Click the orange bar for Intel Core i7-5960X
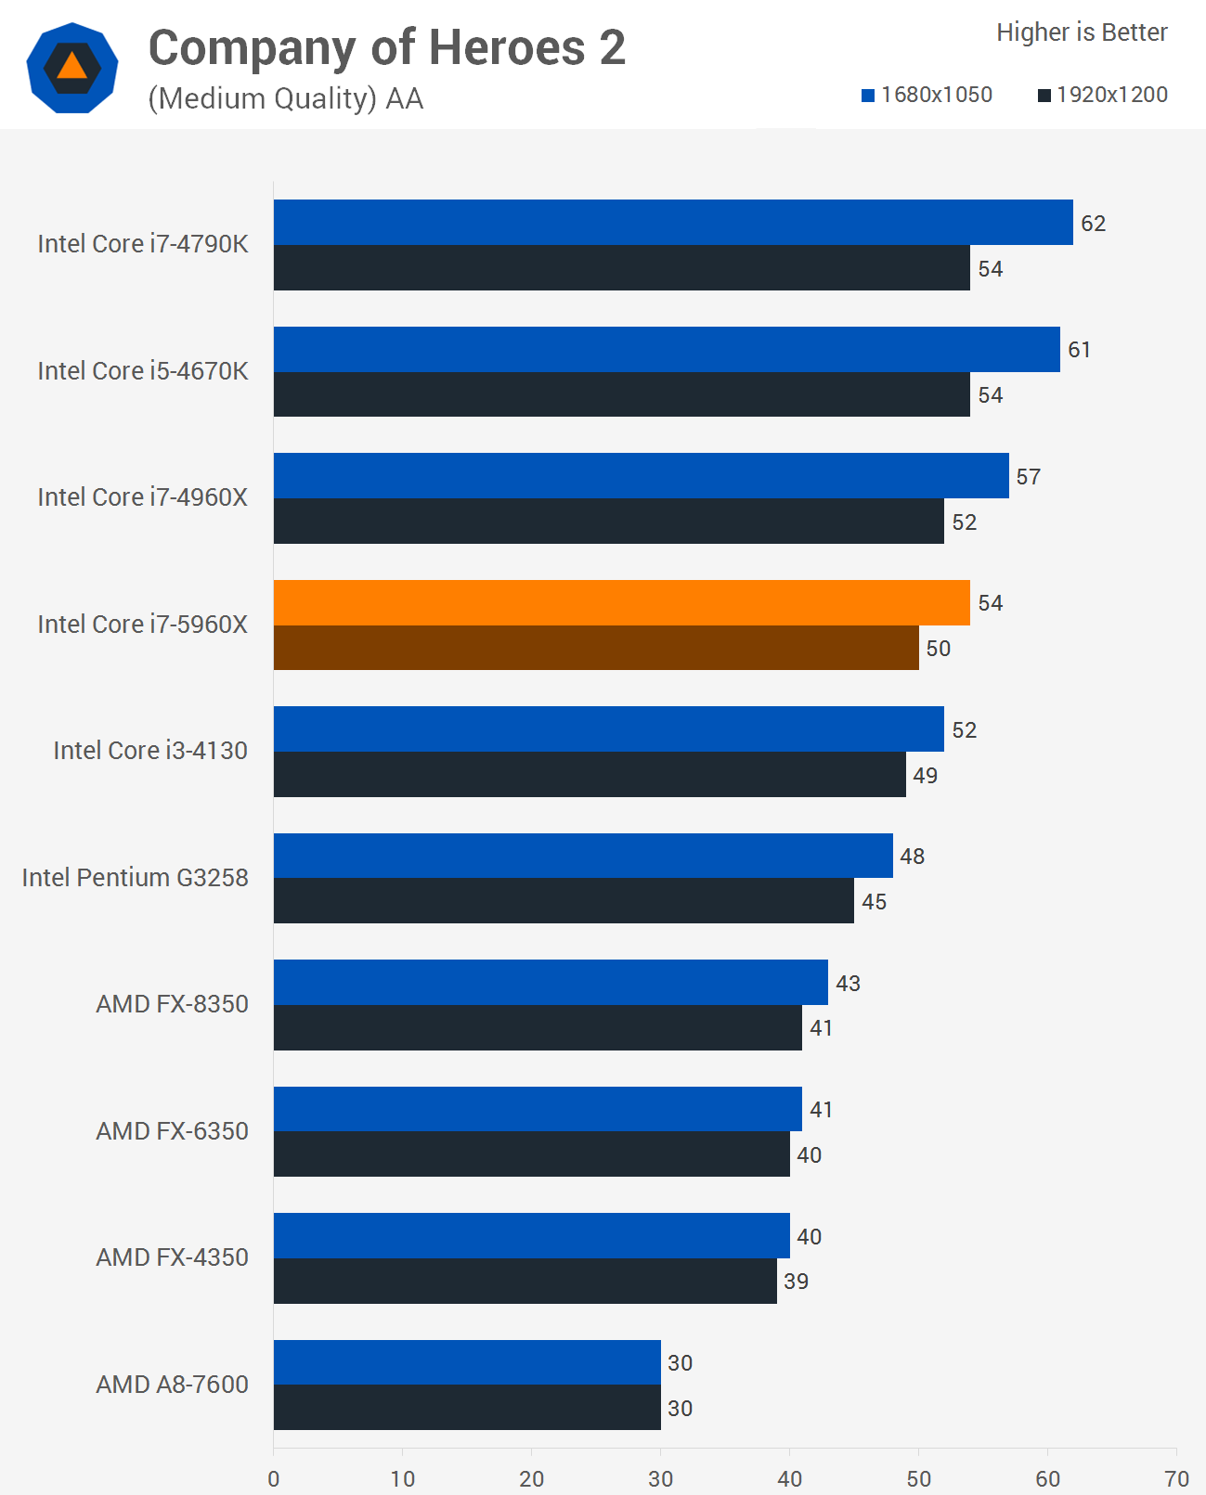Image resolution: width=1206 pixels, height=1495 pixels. coord(621,603)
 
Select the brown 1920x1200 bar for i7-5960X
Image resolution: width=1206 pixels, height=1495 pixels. coord(595,648)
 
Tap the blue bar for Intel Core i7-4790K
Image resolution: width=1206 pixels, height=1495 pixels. coord(672,223)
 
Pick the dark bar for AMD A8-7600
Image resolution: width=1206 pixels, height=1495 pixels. coord(466,1407)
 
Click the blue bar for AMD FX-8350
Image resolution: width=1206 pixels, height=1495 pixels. coord(550,982)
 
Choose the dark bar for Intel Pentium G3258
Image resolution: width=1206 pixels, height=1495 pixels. coord(563,900)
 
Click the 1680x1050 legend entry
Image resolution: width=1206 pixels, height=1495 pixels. coord(927,95)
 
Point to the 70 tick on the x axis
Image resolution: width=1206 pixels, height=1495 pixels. coord(1176,1478)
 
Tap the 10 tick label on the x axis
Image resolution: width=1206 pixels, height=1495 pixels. coord(402,1478)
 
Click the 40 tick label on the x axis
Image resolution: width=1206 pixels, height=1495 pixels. coord(789,1478)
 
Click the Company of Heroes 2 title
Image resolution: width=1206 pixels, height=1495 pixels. coord(386,48)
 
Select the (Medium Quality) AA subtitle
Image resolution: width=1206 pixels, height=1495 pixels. coord(285,98)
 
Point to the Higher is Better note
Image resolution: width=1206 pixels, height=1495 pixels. coord(1082,32)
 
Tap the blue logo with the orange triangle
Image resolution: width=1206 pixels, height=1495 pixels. coord(72,68)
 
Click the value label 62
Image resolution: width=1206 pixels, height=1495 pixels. coord(1093,224)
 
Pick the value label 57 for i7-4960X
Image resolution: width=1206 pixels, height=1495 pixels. coord(1028,477)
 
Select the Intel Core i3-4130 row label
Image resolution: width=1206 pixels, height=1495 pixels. coord(150,751)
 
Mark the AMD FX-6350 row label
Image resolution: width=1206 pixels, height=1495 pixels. coord(172,1131)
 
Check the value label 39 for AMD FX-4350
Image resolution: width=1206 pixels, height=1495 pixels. coord(796,1282)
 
